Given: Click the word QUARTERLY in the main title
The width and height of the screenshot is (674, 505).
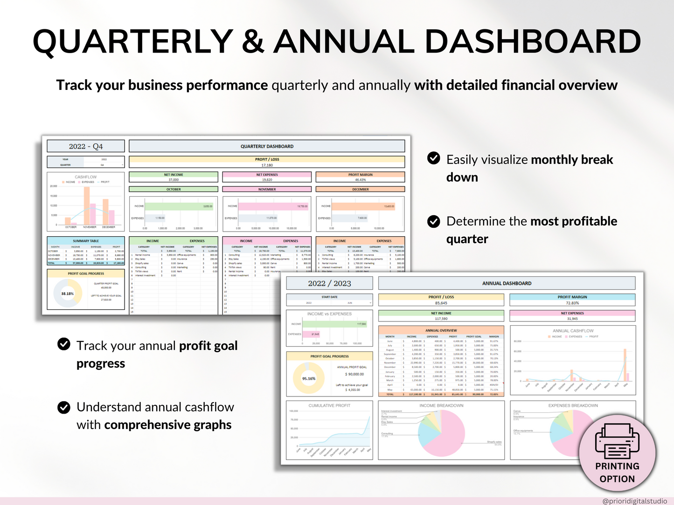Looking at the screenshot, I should pyautogui.click(x=133, y=42).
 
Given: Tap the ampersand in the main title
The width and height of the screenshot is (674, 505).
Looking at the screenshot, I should pyautogui.click(x=253, y=42).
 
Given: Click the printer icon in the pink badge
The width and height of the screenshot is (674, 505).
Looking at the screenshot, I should pyautogui.click(x=617, y=441).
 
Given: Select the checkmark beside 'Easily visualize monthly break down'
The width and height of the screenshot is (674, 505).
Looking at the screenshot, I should pyautogui.click(x=434, y=158).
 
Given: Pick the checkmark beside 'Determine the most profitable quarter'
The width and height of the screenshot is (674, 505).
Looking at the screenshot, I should pyautogui.click(x=434, y=221).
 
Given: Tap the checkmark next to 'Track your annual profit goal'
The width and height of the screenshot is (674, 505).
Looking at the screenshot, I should pyautogui.click(x=64, y=344).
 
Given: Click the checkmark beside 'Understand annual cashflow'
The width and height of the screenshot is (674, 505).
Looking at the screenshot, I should pyautogui.click(x=64, y=408).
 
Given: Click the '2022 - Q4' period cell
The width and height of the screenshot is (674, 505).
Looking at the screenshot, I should pyautogui.click(x=86, y=146).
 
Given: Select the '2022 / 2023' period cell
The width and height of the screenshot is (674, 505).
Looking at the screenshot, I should pyautogui.click(x=329, y=283).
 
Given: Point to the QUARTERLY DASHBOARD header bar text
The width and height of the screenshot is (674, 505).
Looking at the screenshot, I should pyautogui.click(x=267, y=146).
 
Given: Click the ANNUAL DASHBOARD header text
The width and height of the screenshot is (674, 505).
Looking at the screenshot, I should pyautogui.click(x=507, y=283).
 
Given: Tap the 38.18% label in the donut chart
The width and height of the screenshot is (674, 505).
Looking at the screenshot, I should pyautogui.click(x=68, y=294).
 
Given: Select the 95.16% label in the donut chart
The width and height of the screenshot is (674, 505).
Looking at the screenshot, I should pyautogui.click(x=309, y=379).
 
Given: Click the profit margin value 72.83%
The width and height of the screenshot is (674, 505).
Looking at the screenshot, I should pyautogui.click(x=572, y=303).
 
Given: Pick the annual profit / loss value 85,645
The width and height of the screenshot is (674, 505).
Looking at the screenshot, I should pyautogui.click(x=441, y=303).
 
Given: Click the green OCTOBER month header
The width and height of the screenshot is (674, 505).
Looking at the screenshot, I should pyautogui.click(x=174, y=190).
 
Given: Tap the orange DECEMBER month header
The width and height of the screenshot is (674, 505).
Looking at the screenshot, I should pyautogui.click(x=360, y=190).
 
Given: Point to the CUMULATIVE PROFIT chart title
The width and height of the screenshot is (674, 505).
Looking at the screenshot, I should pyautogui.click(x=329, y=406).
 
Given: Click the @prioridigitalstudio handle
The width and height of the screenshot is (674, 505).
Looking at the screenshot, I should pyautogui.click(x=634, y=501).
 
